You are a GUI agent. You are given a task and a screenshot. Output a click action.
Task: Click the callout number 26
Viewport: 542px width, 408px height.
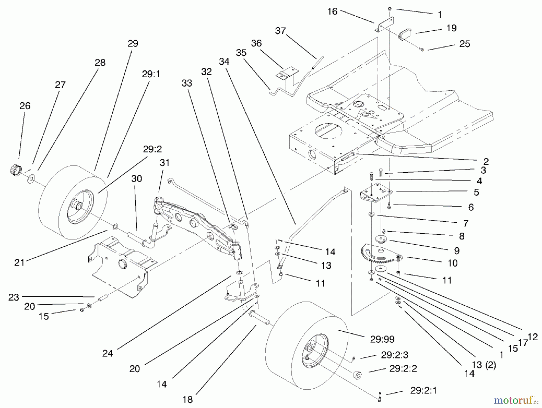[25, 106]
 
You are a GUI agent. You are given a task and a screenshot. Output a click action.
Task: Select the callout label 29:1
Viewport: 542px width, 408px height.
[151, 74]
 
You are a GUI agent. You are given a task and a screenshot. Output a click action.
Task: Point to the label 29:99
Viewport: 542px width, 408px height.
[382, 339]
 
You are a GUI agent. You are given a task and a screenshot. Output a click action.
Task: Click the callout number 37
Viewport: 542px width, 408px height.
[280, 31]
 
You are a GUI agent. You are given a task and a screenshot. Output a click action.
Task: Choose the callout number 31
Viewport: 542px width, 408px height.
[164, 163]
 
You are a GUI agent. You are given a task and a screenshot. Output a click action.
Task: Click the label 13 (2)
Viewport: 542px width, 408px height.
[484, 365]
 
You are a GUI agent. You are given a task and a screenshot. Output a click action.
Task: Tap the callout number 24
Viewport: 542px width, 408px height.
[107, 353]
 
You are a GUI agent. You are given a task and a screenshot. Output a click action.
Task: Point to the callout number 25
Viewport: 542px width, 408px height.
[465, 44]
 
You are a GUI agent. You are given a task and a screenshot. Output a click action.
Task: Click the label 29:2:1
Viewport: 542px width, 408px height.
[423, 391]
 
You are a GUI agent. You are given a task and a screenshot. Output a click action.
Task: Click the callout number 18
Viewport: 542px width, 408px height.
[187, 400]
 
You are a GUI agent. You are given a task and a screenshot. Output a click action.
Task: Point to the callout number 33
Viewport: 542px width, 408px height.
[187, 83]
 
